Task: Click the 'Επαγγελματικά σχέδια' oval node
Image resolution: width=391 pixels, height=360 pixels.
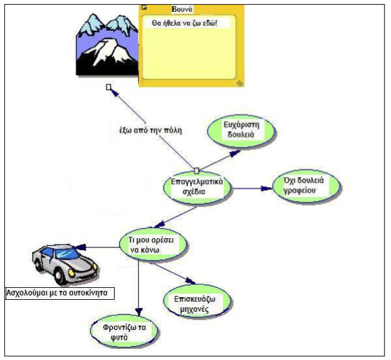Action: coord(197,188)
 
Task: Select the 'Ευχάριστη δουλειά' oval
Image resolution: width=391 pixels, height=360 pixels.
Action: coord(241,131)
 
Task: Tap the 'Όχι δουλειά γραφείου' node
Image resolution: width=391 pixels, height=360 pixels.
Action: coord(306,186)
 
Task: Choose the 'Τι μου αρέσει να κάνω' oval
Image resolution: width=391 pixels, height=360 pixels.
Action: coord(153,245)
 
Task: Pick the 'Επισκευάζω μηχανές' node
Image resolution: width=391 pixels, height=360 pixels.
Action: coord(197,302)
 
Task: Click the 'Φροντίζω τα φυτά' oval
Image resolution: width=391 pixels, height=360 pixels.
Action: coord(124,331)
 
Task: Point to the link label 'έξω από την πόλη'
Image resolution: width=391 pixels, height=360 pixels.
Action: coord(151,130)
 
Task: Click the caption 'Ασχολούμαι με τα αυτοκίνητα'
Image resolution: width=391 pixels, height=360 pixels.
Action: coord(60,293)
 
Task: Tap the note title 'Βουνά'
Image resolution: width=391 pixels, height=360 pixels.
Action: coord(182,10)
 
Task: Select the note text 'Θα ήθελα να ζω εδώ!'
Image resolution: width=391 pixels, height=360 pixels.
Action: coord(184,23)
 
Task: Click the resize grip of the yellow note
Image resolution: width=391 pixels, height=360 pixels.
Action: coord(240,83)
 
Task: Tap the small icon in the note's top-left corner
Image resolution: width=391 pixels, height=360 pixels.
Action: coord(144,7)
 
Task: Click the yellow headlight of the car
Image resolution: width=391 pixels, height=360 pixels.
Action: coord(71,273)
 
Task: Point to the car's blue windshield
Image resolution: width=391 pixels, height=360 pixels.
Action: coord(67,254)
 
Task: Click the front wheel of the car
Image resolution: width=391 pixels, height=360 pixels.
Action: coord(59,276)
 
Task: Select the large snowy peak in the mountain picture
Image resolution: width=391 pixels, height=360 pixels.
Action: coord(108,52)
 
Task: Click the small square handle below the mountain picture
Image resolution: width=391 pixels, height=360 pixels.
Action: coord(109,88)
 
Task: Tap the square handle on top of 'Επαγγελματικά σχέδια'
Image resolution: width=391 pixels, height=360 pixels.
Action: coord(196,171)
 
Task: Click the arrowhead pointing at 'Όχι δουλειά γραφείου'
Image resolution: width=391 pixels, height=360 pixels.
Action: coord(266,188)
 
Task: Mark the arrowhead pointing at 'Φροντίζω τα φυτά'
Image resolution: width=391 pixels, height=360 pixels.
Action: coord(139,312)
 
